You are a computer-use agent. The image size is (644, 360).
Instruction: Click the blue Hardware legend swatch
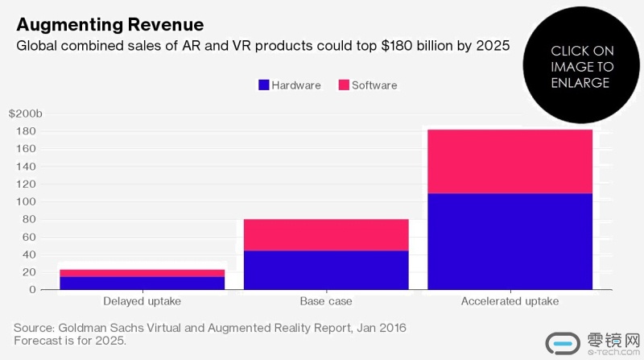coord(262,85)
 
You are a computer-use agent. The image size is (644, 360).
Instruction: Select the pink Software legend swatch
coord(344,85)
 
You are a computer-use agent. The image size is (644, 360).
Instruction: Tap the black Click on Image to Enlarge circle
coord(582,67)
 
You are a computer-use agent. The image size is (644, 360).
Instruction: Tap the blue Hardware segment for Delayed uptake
coord(142,283)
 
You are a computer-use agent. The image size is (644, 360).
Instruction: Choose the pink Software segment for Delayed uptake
coord(142,273)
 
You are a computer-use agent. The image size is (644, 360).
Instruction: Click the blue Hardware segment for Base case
coord(326,270)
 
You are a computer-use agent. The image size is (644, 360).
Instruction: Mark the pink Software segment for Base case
coord(326,234)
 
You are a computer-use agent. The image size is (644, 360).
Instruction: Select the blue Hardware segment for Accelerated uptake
coord(510,241)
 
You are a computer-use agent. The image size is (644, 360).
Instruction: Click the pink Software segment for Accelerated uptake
coord(510,161)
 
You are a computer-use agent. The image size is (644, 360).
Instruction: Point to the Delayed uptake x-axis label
coord(142,302)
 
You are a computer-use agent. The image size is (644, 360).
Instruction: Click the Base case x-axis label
coord(326,302)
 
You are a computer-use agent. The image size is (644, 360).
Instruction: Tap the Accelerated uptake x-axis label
coord(510,302)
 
